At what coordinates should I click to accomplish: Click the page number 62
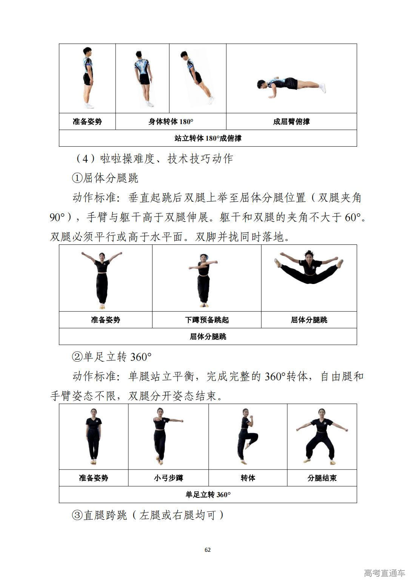click(208, 550)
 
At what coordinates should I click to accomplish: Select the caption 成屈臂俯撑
click(291, 121)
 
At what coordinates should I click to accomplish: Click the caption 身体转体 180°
click(171, 121)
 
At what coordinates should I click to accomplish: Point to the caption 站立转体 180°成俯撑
click(208, 138)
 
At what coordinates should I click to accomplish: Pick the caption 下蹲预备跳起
click(207, 320)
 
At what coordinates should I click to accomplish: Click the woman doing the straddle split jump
click(309, 267)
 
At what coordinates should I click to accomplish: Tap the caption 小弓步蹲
click(168, 478)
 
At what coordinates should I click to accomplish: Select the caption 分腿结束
click(322, 478)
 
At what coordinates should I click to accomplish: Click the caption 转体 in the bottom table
click(248, 478)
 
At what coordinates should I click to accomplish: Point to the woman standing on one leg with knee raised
click(247, 436)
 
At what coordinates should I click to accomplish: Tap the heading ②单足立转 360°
click(112, 357)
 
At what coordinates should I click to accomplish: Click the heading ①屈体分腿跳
click(105, 178)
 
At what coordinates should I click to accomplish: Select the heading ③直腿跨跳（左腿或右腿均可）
click(148, 515)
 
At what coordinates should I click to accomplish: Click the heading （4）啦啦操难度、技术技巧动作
click(154, 158)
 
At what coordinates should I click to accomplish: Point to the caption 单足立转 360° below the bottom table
click(208, 494)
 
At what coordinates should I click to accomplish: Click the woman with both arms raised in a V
click(102, 280)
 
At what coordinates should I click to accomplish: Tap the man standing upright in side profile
click(88, 77)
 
